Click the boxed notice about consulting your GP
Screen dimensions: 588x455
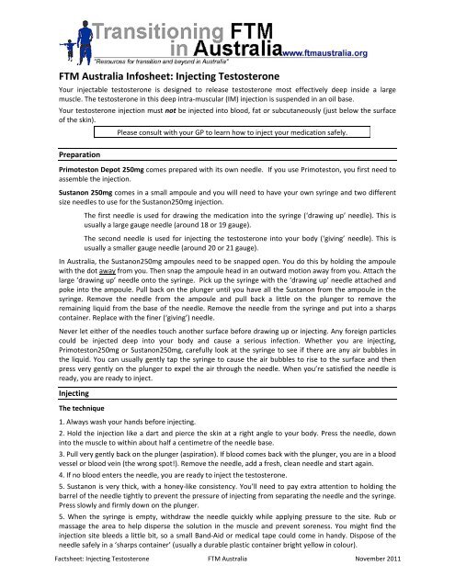[x=238, y=131]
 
